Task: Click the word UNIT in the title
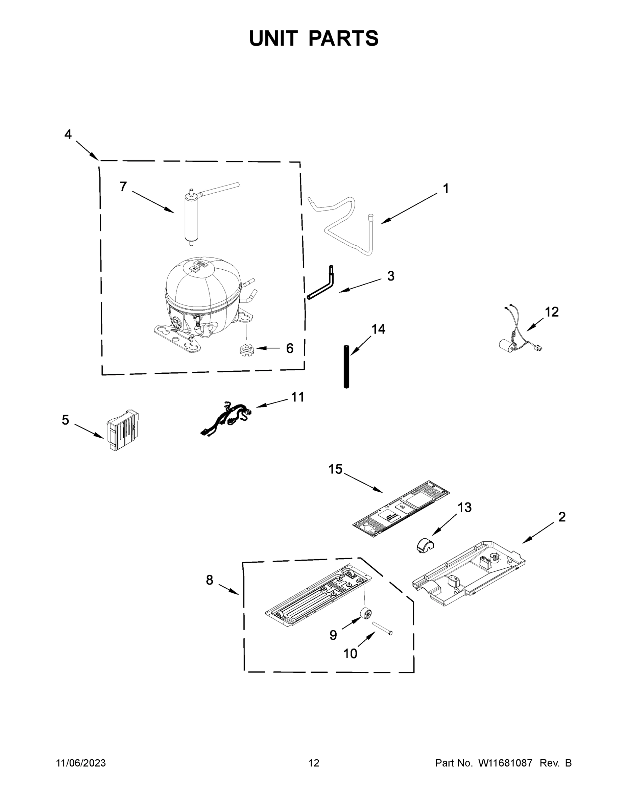pyautogui.click(x=273, y=38)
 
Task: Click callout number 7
pyautogui.click(x=123, y=187)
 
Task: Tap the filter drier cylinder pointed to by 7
pyautogui.click(x=191, y=219)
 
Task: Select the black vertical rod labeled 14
pyautogui.click(x=346, y=367)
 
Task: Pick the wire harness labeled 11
pyautogui.click(x=227, y=418)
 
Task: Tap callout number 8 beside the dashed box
pyautogui.click(x=210, y=580)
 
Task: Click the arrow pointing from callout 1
pyautogui.click(x=409, y=209)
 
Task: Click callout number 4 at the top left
pyautogui.click(x=68, y=134)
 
